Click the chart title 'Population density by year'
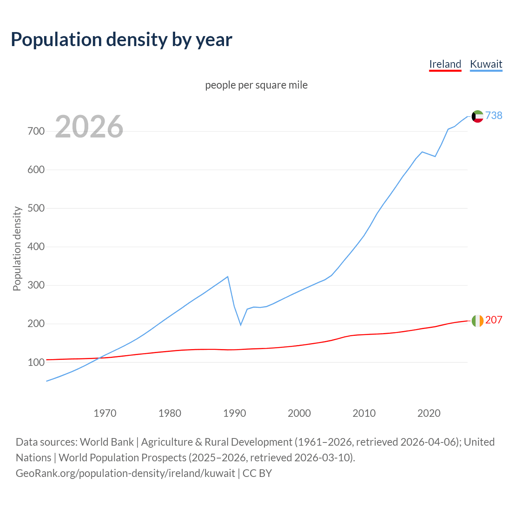(x=121, y=39)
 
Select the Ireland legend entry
(x=445, y=64)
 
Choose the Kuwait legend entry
(x=486, y=64)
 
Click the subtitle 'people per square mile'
(x=256, y=85)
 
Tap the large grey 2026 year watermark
(x=89, y=127)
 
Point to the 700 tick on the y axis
(x=36, y=131)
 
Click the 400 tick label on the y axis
(x=36, y=247)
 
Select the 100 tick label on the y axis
(x=36, y=362)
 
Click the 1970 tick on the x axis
(x=105, y=413)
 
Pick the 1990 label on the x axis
(x=234, y=413)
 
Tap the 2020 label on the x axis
(x=429, y=413)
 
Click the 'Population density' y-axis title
(x=17, y=248)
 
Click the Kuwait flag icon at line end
(x=477, y=116)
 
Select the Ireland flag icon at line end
(x=477, y=321)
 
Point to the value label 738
(x=494, y=115)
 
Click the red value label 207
(x=494, y=320)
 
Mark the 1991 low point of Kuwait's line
(x=241, y=325)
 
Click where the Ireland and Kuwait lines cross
(x=99, y=357)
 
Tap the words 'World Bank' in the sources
(x=107, y=442)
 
